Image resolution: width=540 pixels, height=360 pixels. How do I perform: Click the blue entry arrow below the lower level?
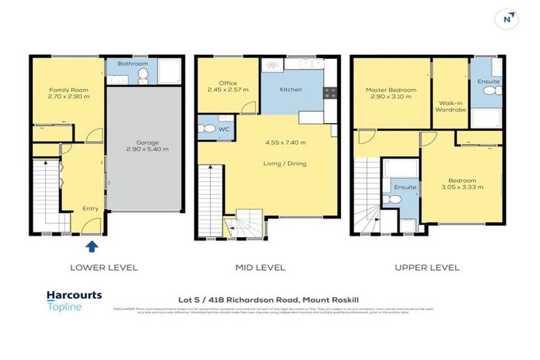click(91, 246)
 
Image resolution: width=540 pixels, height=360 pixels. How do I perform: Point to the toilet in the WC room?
click(207, 129)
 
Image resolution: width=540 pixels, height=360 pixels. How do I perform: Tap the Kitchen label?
click(291, 90)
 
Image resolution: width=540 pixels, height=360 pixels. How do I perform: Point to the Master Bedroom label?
click(391, 90)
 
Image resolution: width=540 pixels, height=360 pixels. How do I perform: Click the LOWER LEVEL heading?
click(103, 268)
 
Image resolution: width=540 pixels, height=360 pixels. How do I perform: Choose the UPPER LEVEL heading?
click(427, 268)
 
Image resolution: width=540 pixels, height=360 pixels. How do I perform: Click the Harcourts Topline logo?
click(74, 300)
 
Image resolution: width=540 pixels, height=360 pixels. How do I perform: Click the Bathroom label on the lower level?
click(132, 64)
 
